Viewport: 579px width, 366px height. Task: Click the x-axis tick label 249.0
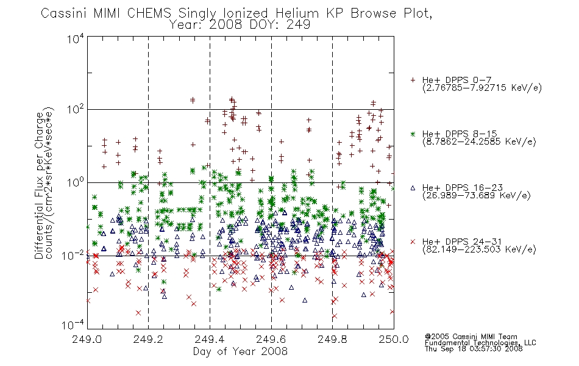[x=87, y=339]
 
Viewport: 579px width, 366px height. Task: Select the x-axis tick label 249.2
[x=149, y=339]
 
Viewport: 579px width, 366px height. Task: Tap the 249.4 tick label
[x=210, y=339]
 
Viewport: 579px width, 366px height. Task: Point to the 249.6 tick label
[x=271, y=339]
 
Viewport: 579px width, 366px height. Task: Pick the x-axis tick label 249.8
[x=332, y=339]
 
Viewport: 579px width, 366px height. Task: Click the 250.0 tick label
[x=394, y=339]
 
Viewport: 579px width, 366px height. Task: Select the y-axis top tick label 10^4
[x=76, y=38]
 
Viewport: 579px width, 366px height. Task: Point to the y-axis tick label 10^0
[x=76, y=183]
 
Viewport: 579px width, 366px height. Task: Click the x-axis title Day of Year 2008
[x=240, y=351]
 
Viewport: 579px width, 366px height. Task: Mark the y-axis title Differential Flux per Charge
[x=39, y=186]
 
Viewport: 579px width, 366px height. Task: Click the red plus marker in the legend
[x=413, y=80]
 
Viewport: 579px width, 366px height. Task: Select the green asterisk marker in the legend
[x=413, y=134]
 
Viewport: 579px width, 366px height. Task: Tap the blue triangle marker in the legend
[x=413, y=188]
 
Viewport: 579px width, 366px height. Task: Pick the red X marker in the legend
[x=413, y=242]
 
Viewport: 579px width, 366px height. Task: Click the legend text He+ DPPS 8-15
[x=460, y=134]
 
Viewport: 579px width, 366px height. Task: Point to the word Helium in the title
[x=297, y=13]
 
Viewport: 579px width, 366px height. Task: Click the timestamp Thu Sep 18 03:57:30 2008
[x=474, y=349]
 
